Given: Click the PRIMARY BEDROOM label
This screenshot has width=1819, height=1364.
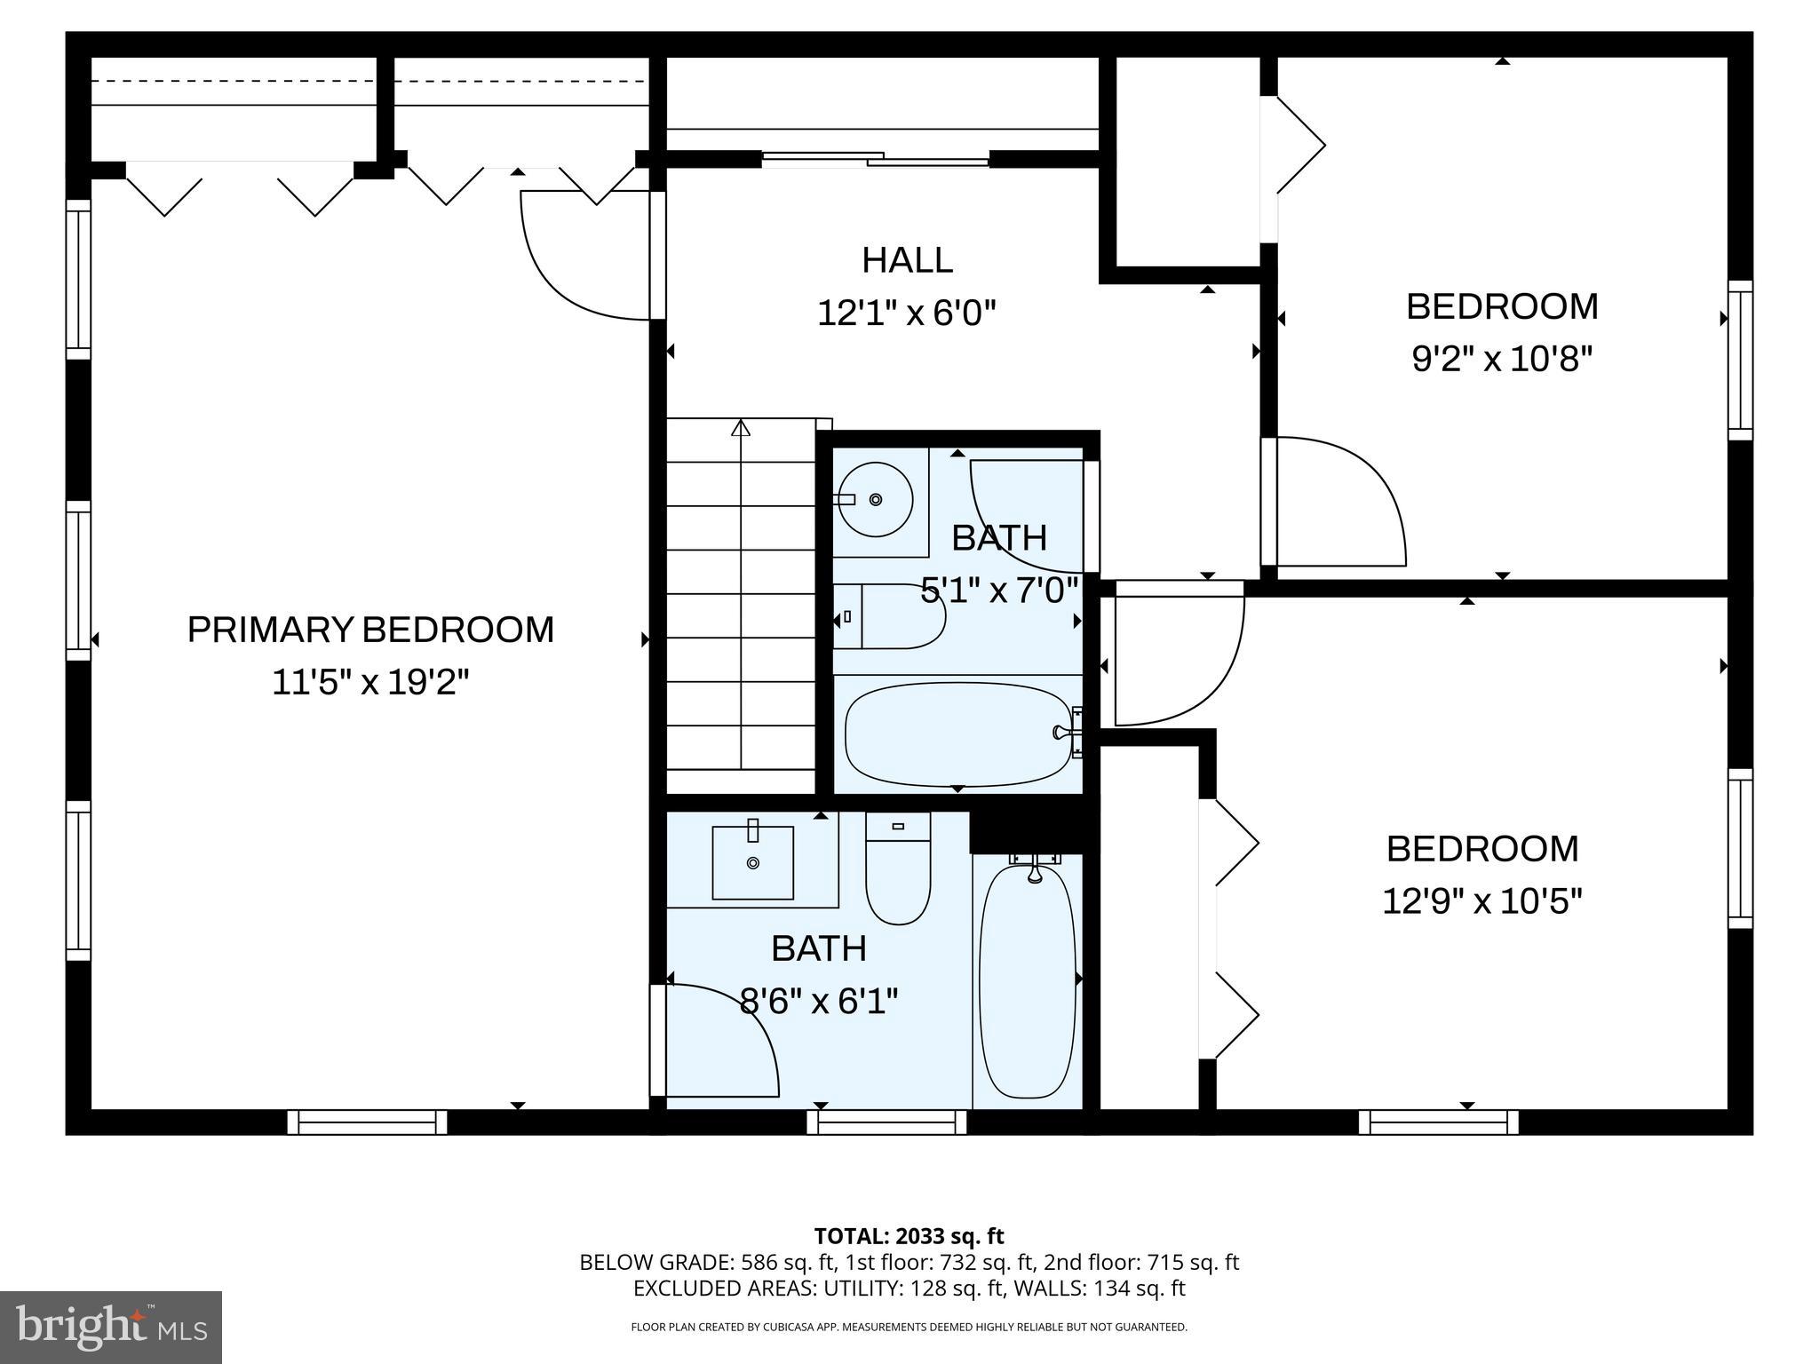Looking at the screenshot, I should tap(370, 630).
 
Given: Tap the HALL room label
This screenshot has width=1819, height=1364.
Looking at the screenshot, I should tap(907, 260).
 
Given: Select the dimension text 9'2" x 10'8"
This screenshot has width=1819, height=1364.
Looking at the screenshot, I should tap(1502, 360).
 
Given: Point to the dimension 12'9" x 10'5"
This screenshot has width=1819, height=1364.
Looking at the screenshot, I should tap(1482, 902).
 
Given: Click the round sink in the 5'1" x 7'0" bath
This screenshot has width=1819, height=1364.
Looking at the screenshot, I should tap(876, 500).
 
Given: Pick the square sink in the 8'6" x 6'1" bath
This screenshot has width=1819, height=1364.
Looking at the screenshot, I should tap(753, 861).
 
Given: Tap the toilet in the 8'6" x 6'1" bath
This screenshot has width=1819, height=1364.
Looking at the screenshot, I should tap(898, 875).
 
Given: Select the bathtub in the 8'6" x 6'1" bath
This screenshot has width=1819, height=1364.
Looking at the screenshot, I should tap(1027, 980).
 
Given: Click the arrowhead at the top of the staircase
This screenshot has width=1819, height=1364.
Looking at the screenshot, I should tap(740, 429).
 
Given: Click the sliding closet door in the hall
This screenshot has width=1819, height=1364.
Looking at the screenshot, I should tap(875, 159).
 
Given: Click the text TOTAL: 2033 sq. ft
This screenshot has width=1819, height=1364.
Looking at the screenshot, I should tap(909, 1236).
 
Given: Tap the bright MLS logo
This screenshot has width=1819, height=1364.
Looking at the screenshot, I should tap(111, 1327).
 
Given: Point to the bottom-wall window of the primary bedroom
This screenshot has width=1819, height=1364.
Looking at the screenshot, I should tap(367, 1122).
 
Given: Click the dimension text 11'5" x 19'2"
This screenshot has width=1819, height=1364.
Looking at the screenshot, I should tap(370, 683).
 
